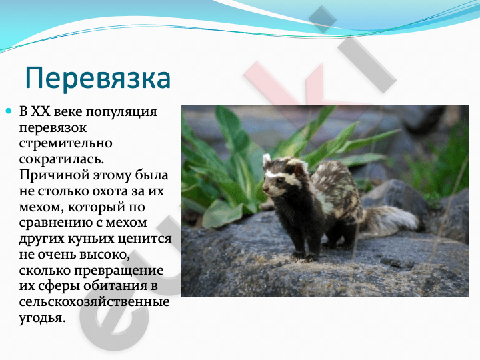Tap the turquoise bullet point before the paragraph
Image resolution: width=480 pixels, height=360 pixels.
(9, 111)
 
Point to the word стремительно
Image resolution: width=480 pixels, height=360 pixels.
(65, 143)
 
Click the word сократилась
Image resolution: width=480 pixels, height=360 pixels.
(61, 159)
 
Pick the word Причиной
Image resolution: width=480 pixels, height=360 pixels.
(54, 175)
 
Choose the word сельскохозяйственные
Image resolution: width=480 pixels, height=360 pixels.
(94, 302)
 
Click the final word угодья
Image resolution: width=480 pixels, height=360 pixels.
(42, 318)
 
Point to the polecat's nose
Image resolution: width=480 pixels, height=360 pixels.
(265, 189)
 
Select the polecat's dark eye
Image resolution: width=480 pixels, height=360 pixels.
(279, 181)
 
